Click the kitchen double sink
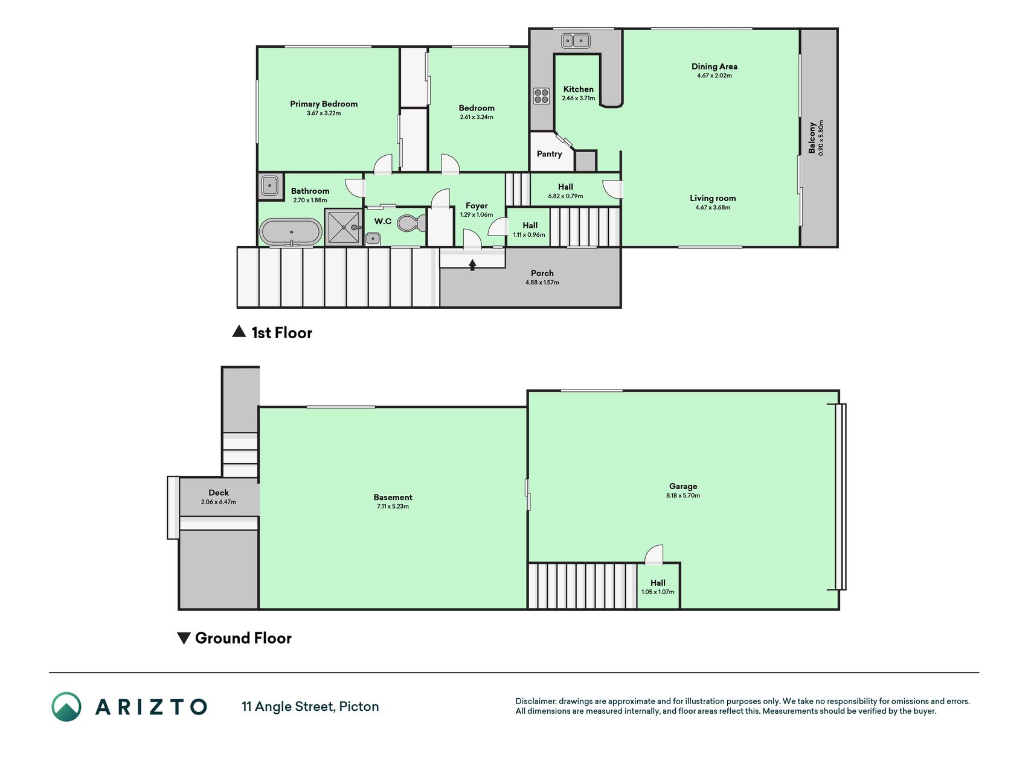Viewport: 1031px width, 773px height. [576, 40]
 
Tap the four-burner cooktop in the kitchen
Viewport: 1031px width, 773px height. [541, 96]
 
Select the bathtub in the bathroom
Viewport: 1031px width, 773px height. [291, 232]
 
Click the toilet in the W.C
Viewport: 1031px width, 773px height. [411, 223]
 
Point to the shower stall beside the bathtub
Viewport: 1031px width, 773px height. [344, 226]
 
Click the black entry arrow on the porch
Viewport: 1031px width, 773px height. [472, 265]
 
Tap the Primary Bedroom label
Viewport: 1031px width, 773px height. [324, 104]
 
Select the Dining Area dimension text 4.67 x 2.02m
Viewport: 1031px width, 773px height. [715, 75]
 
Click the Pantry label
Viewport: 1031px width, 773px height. [550, 154]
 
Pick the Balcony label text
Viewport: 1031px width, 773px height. [812, 138]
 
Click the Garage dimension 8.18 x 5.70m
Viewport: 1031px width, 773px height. [683, 495]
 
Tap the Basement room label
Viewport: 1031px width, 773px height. [393, 498]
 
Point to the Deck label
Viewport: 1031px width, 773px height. [219, 493]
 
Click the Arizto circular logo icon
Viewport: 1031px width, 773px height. [66, 707]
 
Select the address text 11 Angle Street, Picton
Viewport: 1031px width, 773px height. [310, 707]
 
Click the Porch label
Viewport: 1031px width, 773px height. [542, 274]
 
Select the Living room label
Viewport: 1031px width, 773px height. [713, 198]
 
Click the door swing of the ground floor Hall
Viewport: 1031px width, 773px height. [654, 555]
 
